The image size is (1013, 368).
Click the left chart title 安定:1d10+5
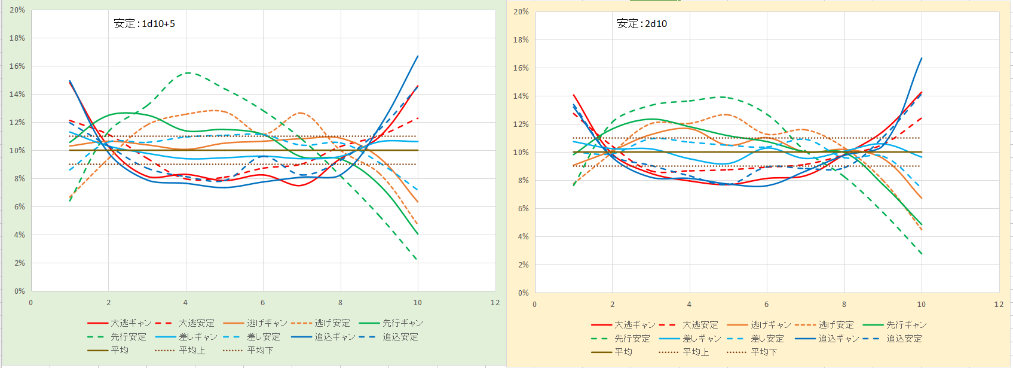click(144, 24)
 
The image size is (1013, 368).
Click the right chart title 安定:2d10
click(642, 24)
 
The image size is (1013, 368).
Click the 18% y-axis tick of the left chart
click(17, 38)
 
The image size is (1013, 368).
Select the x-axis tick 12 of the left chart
click(495, 303)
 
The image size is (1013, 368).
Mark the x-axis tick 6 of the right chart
click(767, 305)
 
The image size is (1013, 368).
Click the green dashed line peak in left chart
click(189, 73)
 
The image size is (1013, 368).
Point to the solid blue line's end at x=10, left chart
click(418, 56)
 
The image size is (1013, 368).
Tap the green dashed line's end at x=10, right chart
click(922, 254)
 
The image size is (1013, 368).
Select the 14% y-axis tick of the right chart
click(521, 96)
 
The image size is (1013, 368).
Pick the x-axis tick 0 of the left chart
click(31, 303)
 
